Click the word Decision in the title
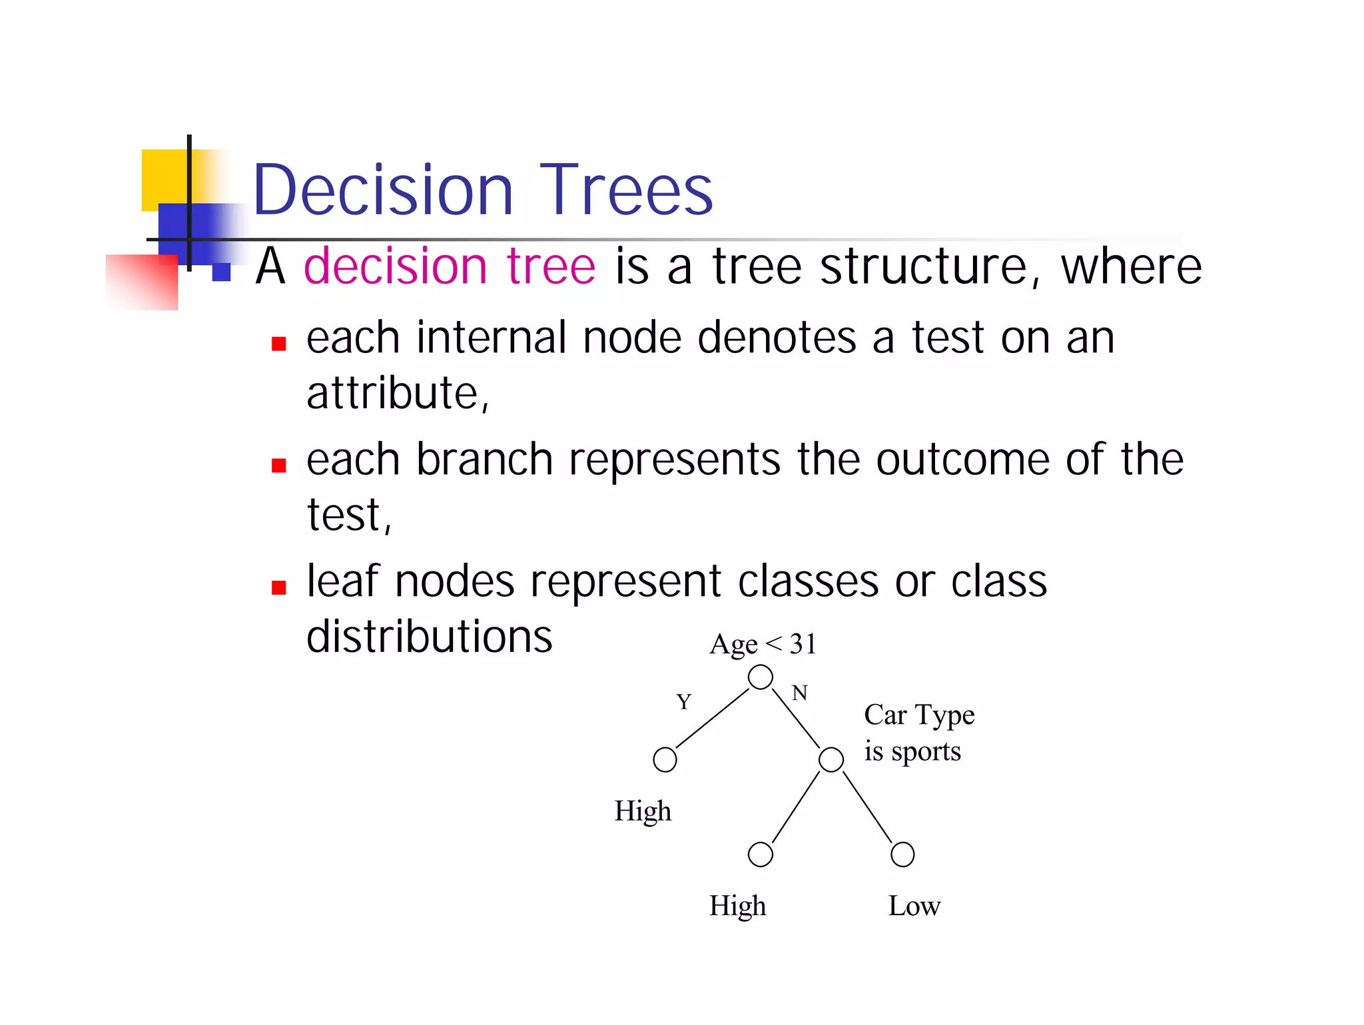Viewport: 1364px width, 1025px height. coord(383,190)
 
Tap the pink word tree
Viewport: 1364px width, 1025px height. coord(550,266)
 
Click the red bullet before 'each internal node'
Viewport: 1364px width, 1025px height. coord(278,344)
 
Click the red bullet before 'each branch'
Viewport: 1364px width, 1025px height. coord(278,466)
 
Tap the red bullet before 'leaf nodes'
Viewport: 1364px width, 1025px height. coord(278,587)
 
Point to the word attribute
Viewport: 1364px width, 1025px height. coord(397,393)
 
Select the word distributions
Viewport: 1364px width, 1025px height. coord(429,637)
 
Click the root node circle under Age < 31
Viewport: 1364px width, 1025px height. coord(760,677)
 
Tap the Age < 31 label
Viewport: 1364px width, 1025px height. coord(763,644)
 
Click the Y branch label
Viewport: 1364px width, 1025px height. coord(683,702)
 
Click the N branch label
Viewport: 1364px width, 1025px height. coord(799,693)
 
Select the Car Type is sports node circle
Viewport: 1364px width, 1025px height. coord(831,759)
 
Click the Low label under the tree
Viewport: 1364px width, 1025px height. coord(914,906)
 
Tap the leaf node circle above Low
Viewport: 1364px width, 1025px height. coord(902,854)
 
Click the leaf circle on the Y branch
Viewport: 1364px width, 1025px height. coord(665,759)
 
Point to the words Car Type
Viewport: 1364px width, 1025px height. coord(919,715)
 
